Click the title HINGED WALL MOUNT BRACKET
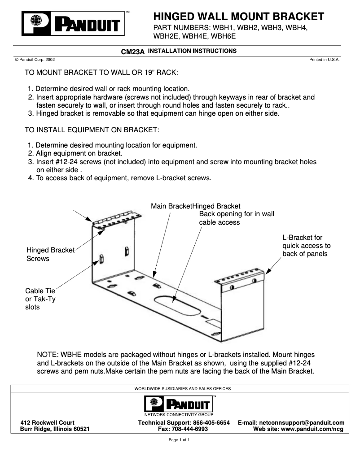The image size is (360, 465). pyautogui.click(x=238, y=17)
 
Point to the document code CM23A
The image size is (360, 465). pyautogui.click(x=133, y=52)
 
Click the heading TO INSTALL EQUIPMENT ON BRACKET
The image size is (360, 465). pyautogui.click(x=92, y=130)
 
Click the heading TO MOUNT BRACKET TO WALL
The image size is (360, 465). pyautogui.click(x=101, y=73)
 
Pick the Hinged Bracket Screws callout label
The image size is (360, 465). pyautogui.click(x=50, y=254)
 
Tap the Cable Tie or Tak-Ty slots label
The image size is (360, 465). pyautogui.click(x=40, y=299)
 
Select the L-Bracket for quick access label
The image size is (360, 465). pyautogui.click(x=306, y=246)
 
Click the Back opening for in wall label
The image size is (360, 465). pyautogui.click(x=237, y=218)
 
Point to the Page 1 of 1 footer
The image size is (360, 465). pyautogui.click(x=179, y=440)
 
